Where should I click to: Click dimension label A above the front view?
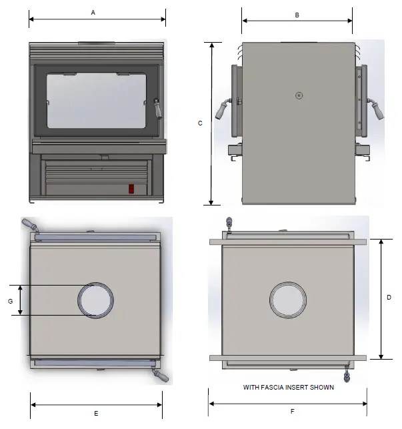coord(93,13)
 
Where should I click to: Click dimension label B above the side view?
coord(297,15)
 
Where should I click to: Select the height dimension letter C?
coord(200,123)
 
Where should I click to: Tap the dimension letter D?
coord(389,298)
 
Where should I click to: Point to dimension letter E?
coord(96,414)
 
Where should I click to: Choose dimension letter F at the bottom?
coord(292,412)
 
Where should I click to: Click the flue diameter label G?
coord(11,301)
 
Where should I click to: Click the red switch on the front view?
coord(131,189)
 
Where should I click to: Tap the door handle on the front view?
coord(157,108)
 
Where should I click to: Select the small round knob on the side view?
coord(299,95)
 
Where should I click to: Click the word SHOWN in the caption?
coord(321,387)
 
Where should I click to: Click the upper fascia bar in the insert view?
coord(287,240)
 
